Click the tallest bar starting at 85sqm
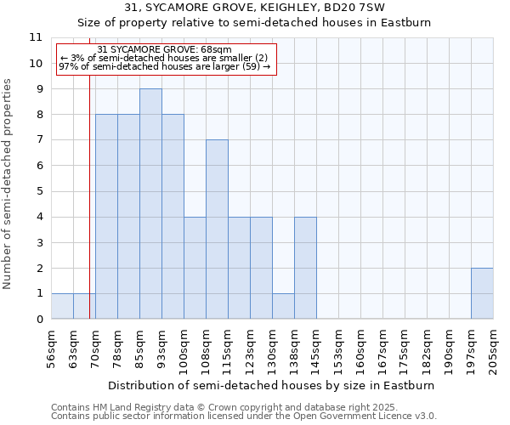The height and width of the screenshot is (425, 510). (x=150, y=204)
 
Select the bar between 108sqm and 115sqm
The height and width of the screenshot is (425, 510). (x=217, y=229)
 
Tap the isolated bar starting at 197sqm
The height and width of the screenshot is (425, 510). (x=482, y=293)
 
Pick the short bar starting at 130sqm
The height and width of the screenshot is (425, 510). (x=283, y=306)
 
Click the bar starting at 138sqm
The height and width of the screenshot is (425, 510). (x=305, y=268)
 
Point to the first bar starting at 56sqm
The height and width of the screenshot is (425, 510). (x=62, y=306)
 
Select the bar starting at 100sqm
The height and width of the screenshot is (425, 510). (x=195, y=268)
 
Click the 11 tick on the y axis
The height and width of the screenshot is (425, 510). (x=36, y=37)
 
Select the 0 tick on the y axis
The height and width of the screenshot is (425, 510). (x=38, y=319)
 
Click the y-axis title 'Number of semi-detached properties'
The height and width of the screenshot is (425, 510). (x=8, y=184)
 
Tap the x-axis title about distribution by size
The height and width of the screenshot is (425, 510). (x=272, y=385)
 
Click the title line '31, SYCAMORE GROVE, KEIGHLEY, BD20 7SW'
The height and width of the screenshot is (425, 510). (x=255, y=7)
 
